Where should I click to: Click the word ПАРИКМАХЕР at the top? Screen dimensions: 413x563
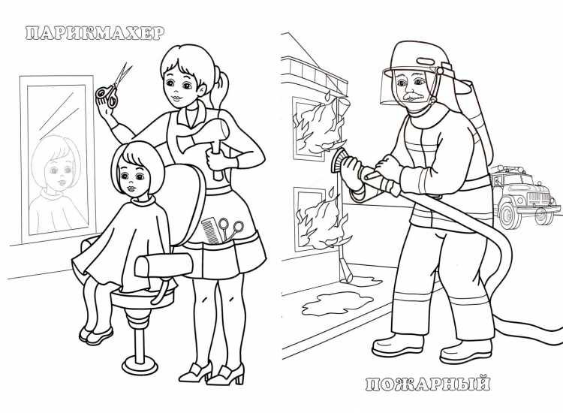point(94,33)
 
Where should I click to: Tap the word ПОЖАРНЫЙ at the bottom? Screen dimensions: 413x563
point(429,384)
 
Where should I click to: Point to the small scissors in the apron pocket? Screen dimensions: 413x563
point(236,230)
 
